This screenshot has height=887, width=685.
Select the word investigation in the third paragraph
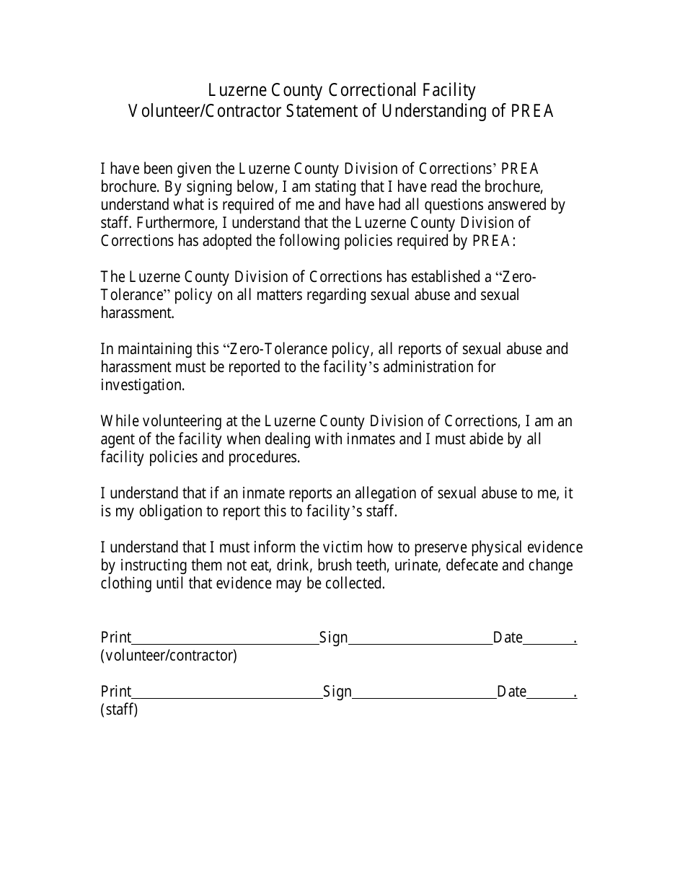[x=142, y=385]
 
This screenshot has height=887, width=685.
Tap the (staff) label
[x=119, y=710]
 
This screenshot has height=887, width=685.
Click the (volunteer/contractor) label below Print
[x=169, y=656]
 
